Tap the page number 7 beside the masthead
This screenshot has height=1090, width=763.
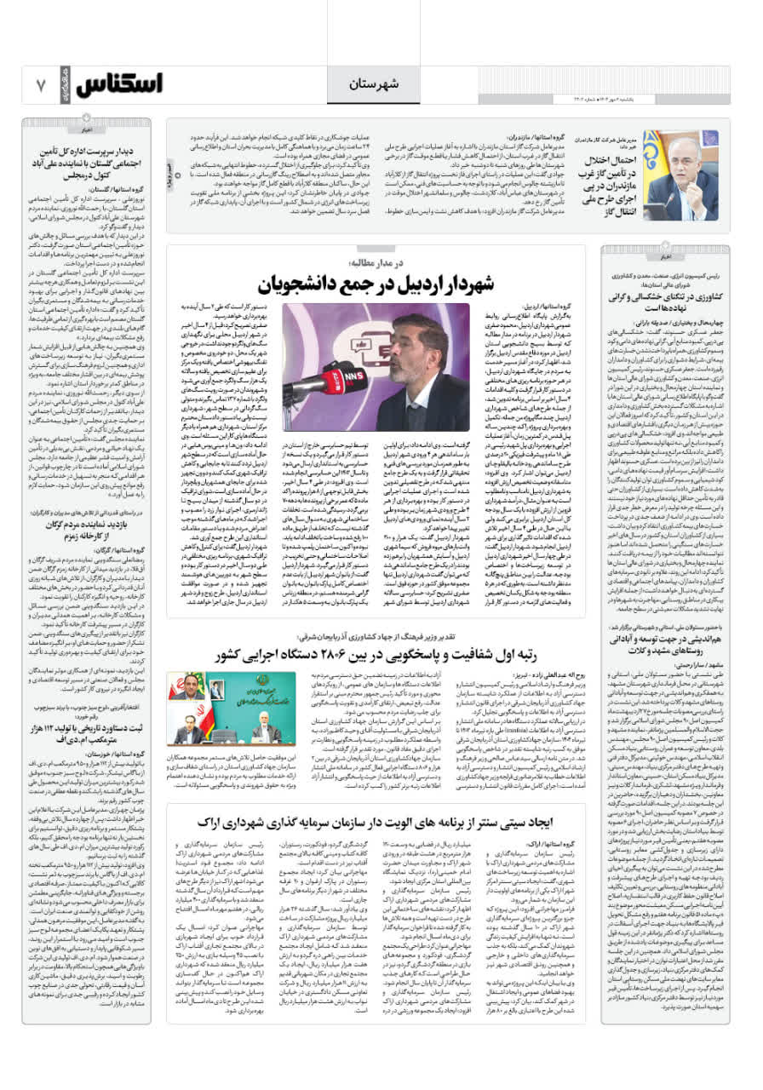pyautogui.click(x=40, y=85)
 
